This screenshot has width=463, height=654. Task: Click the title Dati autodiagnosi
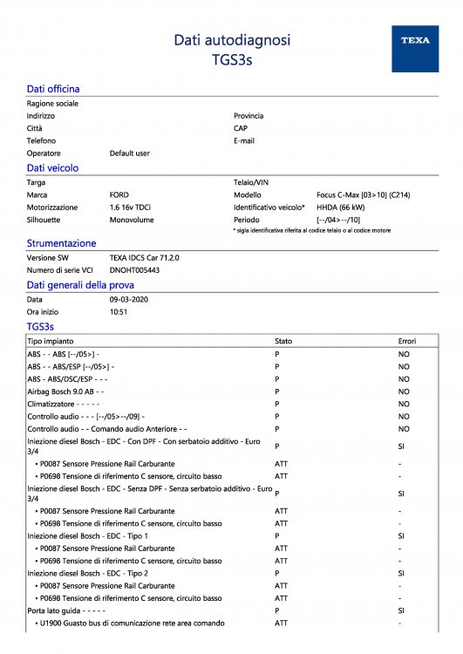point(232,40)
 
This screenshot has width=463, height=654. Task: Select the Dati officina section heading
point(53,89)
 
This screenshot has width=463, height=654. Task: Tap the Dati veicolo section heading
point(52,167)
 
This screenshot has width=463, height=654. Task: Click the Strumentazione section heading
point(61,244)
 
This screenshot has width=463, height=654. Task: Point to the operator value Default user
point(129,153)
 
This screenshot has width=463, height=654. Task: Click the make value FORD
point(119,195)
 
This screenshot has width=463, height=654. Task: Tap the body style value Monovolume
point(131,221)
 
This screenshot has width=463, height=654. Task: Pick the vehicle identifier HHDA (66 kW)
point(340,208)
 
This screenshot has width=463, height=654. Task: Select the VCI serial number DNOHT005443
point(134,270)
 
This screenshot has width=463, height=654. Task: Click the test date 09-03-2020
point(129,299)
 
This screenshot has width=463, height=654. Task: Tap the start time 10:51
point(119,311)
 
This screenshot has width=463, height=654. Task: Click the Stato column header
point(283,341)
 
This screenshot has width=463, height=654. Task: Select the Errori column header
point(407,341)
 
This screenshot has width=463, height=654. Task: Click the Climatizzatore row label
point(58,405)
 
